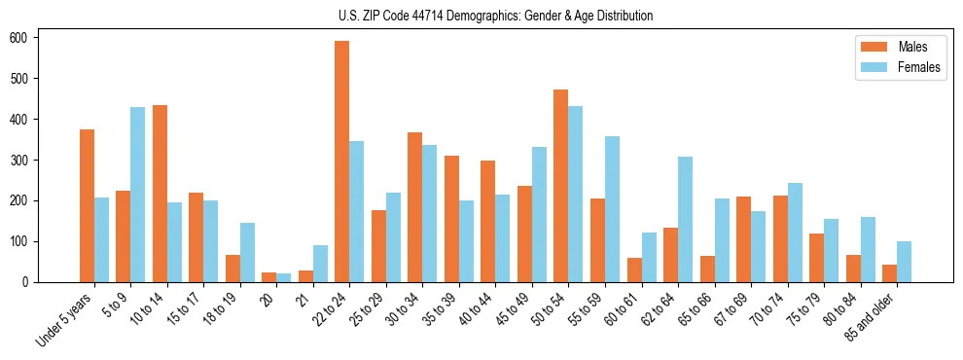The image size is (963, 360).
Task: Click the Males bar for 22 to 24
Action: coord(342,162)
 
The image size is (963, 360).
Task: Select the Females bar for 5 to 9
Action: coord(138,195)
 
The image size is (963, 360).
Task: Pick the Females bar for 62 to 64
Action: coord(685,219)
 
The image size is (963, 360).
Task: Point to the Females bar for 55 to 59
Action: coord(612,209)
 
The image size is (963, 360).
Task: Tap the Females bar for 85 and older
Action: coord(904,262)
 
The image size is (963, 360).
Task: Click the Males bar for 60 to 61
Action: coord(634,270)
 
